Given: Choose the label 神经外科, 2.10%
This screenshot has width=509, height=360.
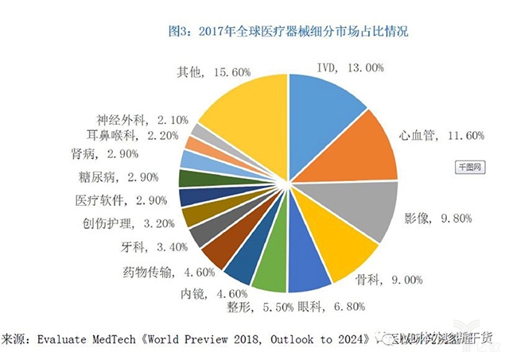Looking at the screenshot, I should click(141, 120).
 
